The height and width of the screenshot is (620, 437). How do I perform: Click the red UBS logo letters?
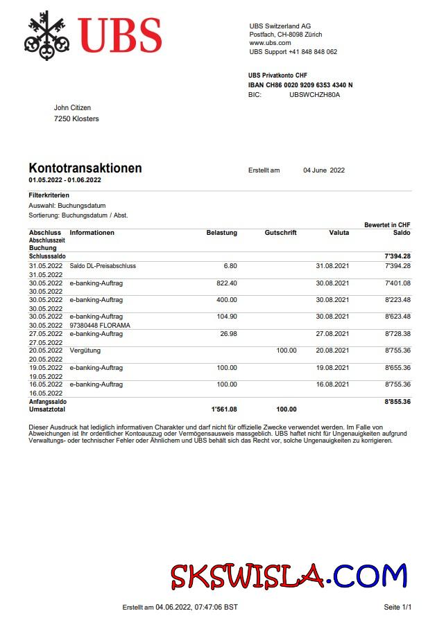(x=120, y=35)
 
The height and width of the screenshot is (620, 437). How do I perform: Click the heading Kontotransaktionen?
(x=85, y=168)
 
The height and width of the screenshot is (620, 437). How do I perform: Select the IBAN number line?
(x=300, y=85)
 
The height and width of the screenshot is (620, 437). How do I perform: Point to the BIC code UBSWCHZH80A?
(x=314, y=95)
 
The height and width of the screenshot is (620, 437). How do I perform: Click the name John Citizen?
(x=72, y=108)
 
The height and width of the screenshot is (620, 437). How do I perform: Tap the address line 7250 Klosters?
(x=76, y=119)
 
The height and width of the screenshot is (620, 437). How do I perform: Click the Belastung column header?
(x=221, y=233)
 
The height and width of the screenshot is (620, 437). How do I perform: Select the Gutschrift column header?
(x=280, y=233)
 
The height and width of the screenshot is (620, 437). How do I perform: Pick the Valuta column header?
(x=339, y=233)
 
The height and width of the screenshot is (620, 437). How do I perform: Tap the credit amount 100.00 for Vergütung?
(x=286, y=351)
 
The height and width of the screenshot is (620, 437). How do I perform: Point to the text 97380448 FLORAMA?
(x=100, y=325)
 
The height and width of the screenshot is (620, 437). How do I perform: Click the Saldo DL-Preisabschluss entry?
(x=103, y=266)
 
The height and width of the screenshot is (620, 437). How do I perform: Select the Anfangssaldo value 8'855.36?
(x=397, y=401)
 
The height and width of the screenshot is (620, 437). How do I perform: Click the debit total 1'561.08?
(x=223, y=409)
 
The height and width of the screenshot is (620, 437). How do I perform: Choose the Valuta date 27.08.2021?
(x=332, y=334)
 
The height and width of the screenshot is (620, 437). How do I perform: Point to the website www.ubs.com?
(x=270, y=43)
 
